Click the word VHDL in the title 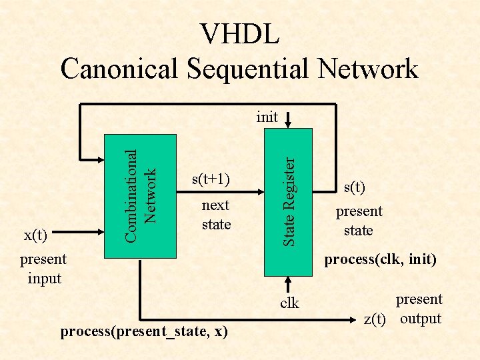[239, 33]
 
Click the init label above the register [267, 117]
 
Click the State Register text [288, 201]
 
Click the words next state [216, 215]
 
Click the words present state [359, 221]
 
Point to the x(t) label [35, 235]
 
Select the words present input [45, 268]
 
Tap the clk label [289, 303]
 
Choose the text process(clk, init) [380, 259]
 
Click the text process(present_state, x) [143, 331]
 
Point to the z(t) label [374, 320]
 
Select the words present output [419, 309]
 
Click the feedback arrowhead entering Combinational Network [102, 159]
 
